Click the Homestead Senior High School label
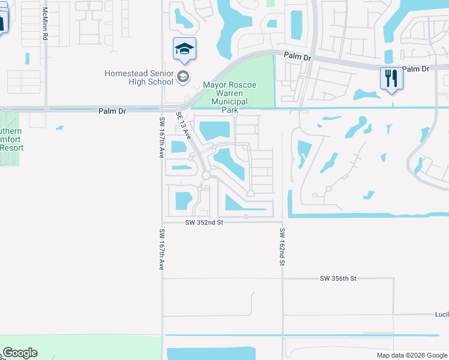coord(138,77)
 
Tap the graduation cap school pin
coord(184,49)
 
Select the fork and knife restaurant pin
coord(391,79)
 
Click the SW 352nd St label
coord(204,222)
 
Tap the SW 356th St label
coord(338,278)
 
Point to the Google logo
coord(20,353)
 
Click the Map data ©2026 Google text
coord(412,355)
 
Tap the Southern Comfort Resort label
coord(10,139)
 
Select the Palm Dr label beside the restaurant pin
coord(416,69)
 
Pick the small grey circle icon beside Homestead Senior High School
coord(182,76)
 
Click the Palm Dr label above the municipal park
coord(298,58)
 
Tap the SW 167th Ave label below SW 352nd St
coord(161,249)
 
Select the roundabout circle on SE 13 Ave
coord(206,175)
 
